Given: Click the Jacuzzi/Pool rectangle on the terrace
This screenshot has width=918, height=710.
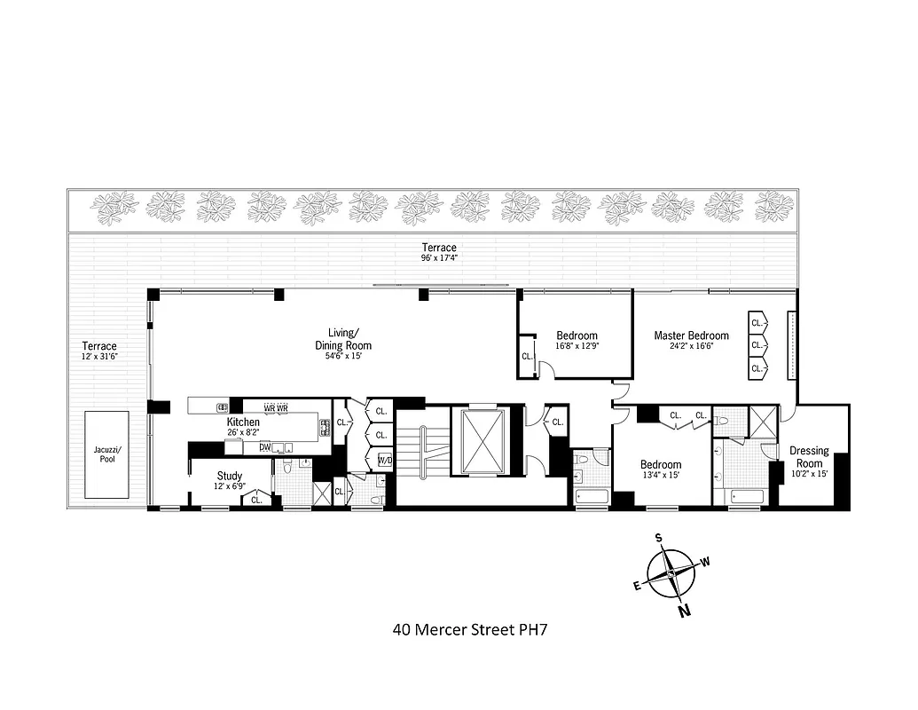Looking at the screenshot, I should click(106, 454).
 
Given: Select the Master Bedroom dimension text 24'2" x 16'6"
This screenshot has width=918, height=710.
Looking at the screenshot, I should click(691, 347).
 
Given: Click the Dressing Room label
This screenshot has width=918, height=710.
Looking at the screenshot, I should click(809, 456).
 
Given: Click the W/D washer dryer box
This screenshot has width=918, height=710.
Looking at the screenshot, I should click(386, 460).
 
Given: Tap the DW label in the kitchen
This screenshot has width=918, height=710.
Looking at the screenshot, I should click(265, 447).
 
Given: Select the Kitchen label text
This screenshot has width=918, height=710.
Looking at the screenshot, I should click(243, 422).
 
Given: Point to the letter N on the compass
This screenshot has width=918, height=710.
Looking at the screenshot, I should click(685, 610).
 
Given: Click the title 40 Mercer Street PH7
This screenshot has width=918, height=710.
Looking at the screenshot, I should click(469, 631).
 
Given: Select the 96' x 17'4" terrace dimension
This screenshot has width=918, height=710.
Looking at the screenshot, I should click(439, 259).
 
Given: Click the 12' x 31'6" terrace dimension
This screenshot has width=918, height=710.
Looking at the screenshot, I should click(99, 357).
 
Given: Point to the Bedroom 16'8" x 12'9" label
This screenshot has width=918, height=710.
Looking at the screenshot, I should click(577, 341).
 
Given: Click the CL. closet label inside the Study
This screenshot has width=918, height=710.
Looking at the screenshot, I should click(256, 500).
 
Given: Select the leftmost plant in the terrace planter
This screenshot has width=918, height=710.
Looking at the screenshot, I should click(114, 208).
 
